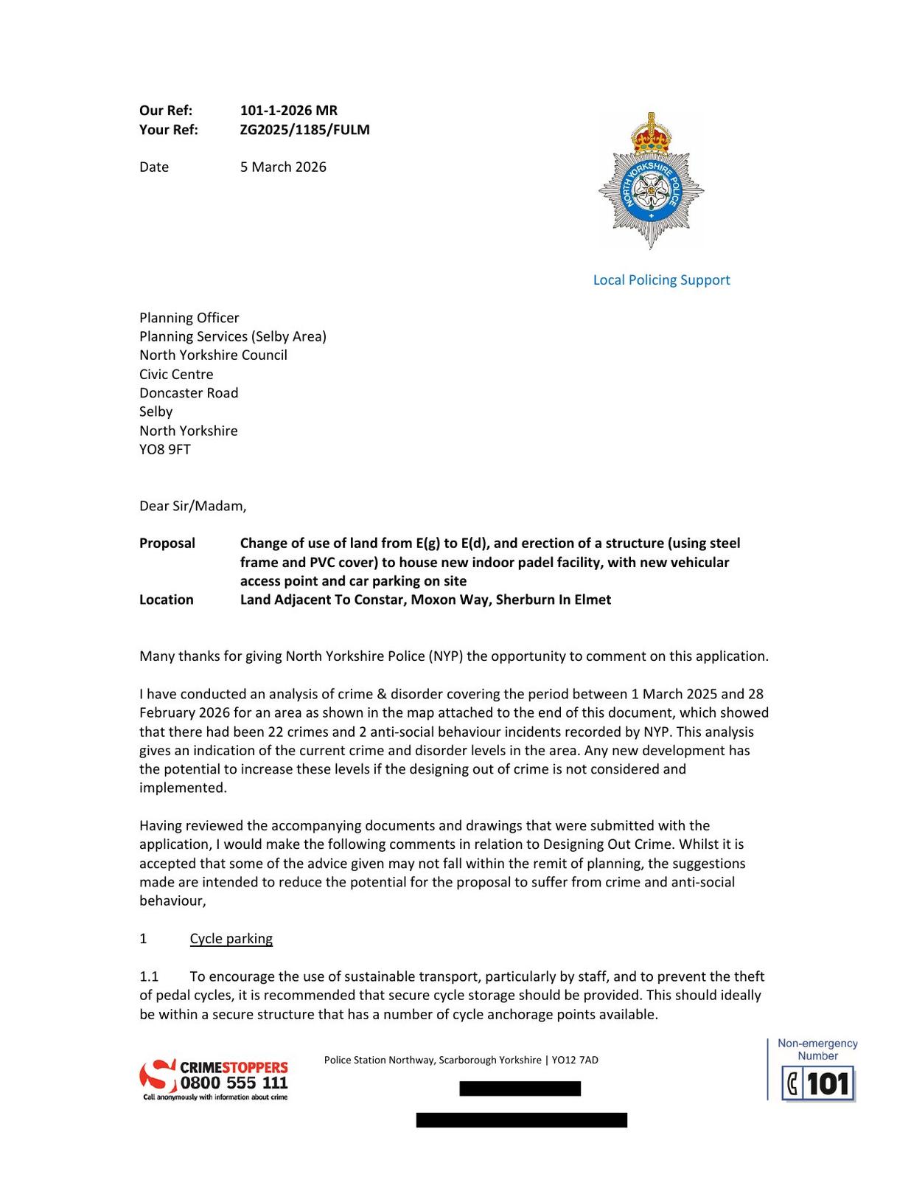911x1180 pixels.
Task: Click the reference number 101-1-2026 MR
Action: point(288,111)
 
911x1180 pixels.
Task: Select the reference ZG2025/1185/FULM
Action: point(304,130)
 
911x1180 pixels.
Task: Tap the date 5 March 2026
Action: point(283,167)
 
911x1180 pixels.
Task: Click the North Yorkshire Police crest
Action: point(651,181)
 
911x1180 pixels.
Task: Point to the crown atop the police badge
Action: point(652,133)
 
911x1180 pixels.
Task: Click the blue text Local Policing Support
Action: point(661,280)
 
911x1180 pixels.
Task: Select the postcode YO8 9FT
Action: point(165,449)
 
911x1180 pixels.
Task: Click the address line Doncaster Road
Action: point(189,392)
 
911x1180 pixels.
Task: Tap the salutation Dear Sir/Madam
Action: point(192,506)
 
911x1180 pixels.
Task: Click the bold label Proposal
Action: point(167,544)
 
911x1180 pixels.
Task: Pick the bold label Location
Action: point(167,600)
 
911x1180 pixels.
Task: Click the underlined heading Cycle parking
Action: point(231,939)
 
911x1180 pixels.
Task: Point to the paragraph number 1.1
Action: point(149,976)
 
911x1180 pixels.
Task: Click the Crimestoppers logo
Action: point(214,1080)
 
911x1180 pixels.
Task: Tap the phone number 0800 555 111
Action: point(234,1083)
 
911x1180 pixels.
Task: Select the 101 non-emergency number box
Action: point(818,1083)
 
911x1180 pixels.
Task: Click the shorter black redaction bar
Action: point(520,1089)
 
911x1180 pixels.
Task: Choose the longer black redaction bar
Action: point(521,1120)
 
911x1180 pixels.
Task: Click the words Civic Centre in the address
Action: point(176,374)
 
